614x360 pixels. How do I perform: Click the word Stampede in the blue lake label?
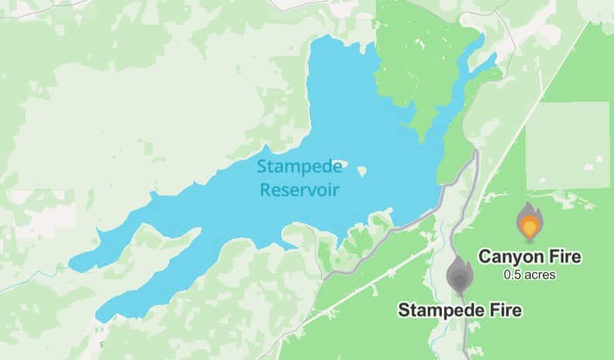click(291, 167)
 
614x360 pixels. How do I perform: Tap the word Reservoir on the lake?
click(291, 189)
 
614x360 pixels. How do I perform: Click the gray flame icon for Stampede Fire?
click(460, 274)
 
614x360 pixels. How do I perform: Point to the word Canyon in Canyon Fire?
click(505, 257)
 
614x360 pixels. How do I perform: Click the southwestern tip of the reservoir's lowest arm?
click(98, 316)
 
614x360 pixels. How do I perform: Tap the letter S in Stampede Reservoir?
click(261, 167)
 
